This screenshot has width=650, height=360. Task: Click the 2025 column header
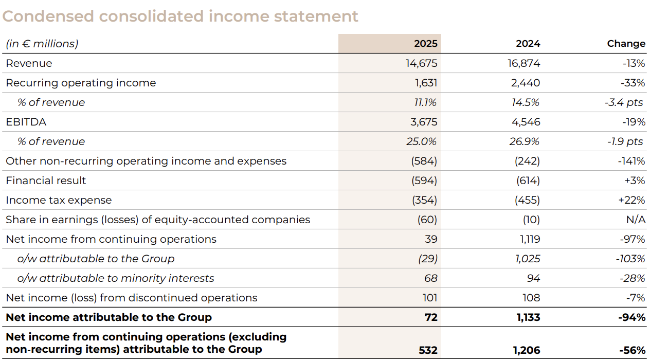[426, 44]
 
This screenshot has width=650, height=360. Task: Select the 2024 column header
[528, 44]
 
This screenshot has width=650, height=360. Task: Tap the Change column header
[626, 44]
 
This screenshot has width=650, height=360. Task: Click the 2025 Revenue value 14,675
[421, 63]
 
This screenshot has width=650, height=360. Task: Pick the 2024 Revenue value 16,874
[523, 63]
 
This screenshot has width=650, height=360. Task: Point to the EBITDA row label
[26, 122]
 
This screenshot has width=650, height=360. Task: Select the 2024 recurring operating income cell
[526, 83]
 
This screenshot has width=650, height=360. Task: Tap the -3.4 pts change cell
[624, 102]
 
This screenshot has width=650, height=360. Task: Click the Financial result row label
[46, 181]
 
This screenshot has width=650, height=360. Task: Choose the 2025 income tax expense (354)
[424, 200]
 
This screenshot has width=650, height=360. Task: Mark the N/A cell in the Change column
[636, 220]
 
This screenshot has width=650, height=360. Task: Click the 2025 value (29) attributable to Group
[427, 259]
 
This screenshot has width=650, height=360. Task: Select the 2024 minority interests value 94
[533, 278]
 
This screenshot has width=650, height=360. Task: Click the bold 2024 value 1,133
[528, 317]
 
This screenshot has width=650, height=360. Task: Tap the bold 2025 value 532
[428, 350]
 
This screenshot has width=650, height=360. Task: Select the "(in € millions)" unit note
[42, 44]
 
